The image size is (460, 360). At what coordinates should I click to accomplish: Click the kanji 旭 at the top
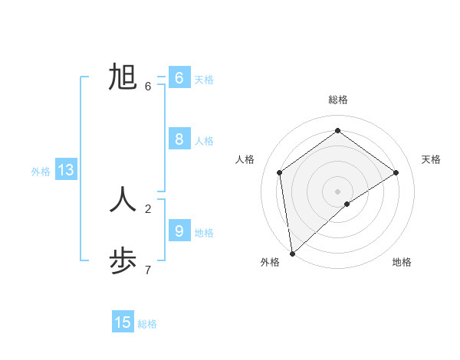[x=123, y=78]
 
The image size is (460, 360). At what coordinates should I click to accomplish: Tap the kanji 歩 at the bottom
[x=123, y=260]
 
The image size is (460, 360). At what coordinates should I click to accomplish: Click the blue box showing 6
[x=179, y=78]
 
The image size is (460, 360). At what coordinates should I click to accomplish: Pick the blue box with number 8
[x=179, y=139]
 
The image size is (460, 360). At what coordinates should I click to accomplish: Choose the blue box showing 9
[x=179, y=231]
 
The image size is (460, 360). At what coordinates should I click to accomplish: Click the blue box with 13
[x=66, y=170]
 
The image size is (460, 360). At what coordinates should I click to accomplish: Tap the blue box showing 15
[x=123, y=322]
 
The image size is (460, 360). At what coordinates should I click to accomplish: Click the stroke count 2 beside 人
[x=148, y=208]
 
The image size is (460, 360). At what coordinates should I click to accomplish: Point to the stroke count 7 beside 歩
[x=148, y=270]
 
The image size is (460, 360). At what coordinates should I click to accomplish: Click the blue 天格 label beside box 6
[x=203, y=80]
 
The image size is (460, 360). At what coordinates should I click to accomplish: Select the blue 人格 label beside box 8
[x=203, y=141]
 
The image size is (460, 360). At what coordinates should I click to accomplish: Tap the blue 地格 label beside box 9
[x=203, y=233]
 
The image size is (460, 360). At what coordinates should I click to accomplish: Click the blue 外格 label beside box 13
[x=41, y=172]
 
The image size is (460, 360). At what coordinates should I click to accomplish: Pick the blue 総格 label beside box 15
[x=147, y=324]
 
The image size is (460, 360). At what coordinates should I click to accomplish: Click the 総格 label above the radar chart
[x=337, y=100]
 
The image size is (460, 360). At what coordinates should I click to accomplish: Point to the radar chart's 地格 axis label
[x=402, y=262]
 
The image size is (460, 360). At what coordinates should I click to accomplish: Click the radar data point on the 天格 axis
[x=396, y=172]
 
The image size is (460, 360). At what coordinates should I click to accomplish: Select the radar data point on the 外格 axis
[x=292, y=253]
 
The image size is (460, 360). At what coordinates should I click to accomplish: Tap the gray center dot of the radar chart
[x=337, y=191]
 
